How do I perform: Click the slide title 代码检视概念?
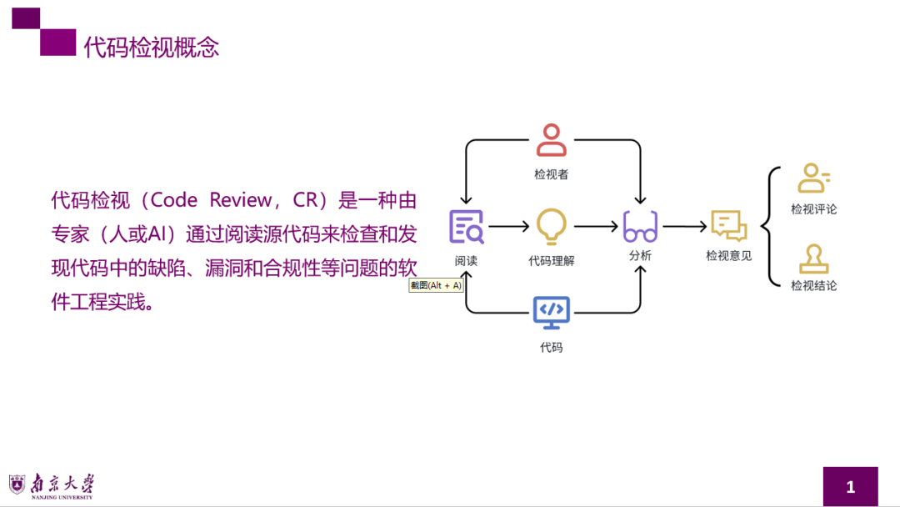152,48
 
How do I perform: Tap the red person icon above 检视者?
552,140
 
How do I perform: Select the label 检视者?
552,175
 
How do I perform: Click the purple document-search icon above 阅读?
466,226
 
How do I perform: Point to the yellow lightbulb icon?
552,226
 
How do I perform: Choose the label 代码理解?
552,260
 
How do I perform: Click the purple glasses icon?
640,227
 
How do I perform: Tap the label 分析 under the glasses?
640,256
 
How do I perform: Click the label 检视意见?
728,256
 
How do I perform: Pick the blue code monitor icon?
552,311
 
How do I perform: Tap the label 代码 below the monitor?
552,347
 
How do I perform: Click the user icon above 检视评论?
813,178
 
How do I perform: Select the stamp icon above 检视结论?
813,259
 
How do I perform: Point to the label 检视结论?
813,286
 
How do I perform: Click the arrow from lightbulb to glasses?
595,226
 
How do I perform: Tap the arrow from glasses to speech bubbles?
684,226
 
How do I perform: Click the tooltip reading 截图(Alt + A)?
436,285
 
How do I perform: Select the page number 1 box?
850,486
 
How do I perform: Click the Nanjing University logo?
52,485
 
